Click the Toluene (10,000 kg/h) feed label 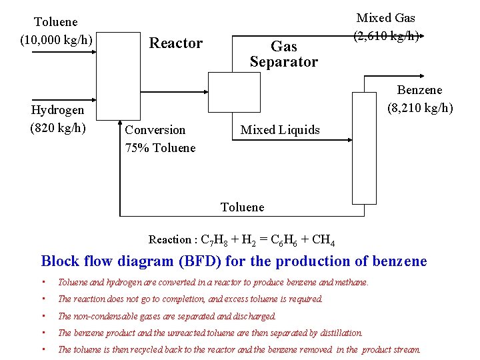[x=56, y=31]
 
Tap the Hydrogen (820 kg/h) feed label [x=58, y=119]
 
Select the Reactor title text [x=175, y=43]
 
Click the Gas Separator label [x=284, y=54]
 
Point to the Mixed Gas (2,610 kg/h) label [x=386, y=27]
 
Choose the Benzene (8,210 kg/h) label [x=419, y=99]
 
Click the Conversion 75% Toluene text [x=160, y=139]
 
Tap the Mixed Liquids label [x=280, y=130]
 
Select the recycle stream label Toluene [x=242, y=207]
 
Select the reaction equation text [x=241, y=240]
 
